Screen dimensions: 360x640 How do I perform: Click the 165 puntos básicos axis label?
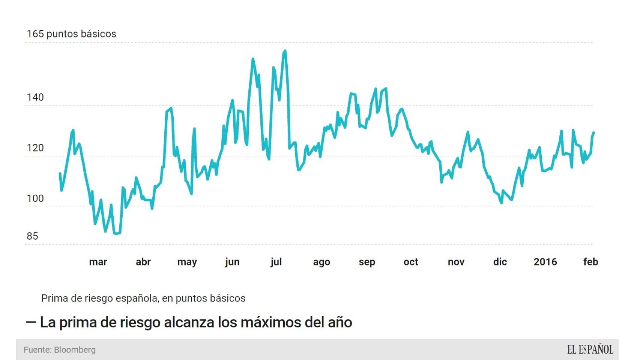(x=71, y=34)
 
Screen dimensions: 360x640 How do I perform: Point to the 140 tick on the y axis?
(x=35, y=97)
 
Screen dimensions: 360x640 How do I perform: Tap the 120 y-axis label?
(x=35, y=148)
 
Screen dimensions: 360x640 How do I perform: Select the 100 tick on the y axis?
(x=35, y=198)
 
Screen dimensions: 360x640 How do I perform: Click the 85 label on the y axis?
(x=33, y=236)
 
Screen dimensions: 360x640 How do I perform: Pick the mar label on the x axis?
(x=98, y=262)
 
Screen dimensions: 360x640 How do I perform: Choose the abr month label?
(x=143, y=262)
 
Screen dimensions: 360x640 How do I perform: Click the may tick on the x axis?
(x=187, y=262)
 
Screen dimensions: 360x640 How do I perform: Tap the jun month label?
(x=232, y=262)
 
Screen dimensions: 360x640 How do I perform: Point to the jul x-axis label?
(x=276, y=262)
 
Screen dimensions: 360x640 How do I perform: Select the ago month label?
(x=322, y=262)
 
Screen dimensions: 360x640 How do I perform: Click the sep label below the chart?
(x=367, y=262)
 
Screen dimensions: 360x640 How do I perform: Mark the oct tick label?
(x=411, y=262)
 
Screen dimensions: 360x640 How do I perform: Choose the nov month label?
(x=456, y=262)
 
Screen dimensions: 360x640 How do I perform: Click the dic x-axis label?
(x=500, y=262)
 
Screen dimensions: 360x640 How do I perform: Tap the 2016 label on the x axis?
(x=545, y=262)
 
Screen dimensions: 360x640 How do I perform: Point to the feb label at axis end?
(x=590, y=262)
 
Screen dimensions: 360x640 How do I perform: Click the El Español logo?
(x=590, y=349)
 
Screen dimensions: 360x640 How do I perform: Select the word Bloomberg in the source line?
(x=75, y=350)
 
